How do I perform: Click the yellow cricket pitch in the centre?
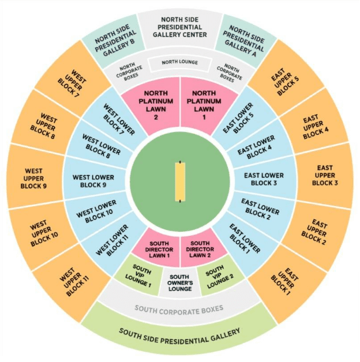click(x=180, y=182)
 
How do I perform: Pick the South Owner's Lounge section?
click(x=180, y=282)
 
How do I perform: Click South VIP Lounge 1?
click(x=138, y=275)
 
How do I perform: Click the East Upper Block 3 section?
click(x=325, y=175)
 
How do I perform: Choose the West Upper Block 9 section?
click(x=33, y=178)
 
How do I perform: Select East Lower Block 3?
click(x=264, y=179)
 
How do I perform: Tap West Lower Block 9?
click(x=93, y=181)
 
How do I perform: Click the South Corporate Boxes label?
click(x=179, y=310)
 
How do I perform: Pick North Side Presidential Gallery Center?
click(x=180, y=27)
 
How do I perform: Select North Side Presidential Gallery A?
click(x=245, y=41)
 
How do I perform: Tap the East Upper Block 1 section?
click(x=284, y=282)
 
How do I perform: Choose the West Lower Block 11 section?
click(x=112, y=241)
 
